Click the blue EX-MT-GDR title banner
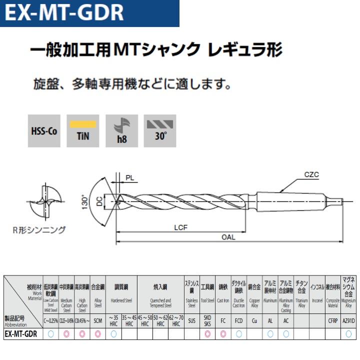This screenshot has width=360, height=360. (90, 13)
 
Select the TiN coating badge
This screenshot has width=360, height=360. (83, 130)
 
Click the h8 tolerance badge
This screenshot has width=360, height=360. (121, 130)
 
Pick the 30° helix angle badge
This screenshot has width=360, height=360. (160, 130)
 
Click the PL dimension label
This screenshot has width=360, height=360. (129, 177)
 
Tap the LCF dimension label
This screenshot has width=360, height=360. (180, 228)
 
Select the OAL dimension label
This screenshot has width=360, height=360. (228, 237)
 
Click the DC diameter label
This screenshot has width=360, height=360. (99, 202)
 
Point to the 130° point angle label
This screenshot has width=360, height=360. (85, 202)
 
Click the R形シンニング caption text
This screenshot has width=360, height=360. (39, 230)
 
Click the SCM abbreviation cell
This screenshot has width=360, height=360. (98, 320)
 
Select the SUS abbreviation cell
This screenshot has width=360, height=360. (192, 320)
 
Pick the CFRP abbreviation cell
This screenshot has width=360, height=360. (333, 320)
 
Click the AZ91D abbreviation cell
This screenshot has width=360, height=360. (348, 320)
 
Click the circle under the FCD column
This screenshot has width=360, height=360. (238, 334)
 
